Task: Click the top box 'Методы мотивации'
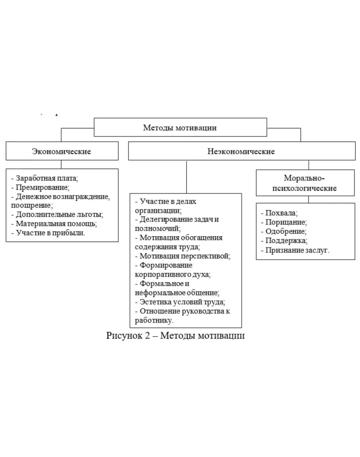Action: [180, 127]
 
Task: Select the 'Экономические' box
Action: [61, 151]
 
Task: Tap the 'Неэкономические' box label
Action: [241, 151]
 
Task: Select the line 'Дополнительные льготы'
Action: [59, 214]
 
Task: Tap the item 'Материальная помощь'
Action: [56, 224]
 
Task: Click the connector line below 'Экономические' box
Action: [61, 164]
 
